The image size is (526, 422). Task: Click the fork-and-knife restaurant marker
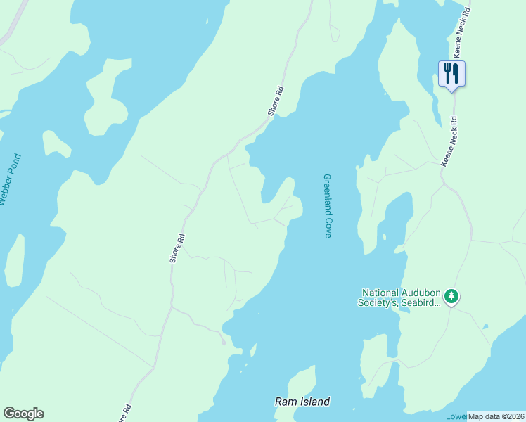(451, 73)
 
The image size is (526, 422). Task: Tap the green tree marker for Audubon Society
(451, 297)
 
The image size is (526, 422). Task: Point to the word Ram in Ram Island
(283, 402)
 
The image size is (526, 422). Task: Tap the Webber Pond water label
(11, 180)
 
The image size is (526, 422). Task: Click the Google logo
(23, 414)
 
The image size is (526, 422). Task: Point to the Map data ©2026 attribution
(496, 416)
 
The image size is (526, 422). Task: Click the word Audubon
(421, 293)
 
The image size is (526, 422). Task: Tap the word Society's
(380, 303)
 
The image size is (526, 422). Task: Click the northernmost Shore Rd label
(276, 101)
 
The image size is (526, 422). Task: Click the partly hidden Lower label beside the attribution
(456, 416)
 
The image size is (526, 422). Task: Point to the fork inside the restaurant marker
(447, 72)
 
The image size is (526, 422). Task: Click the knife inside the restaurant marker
(456, 72)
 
